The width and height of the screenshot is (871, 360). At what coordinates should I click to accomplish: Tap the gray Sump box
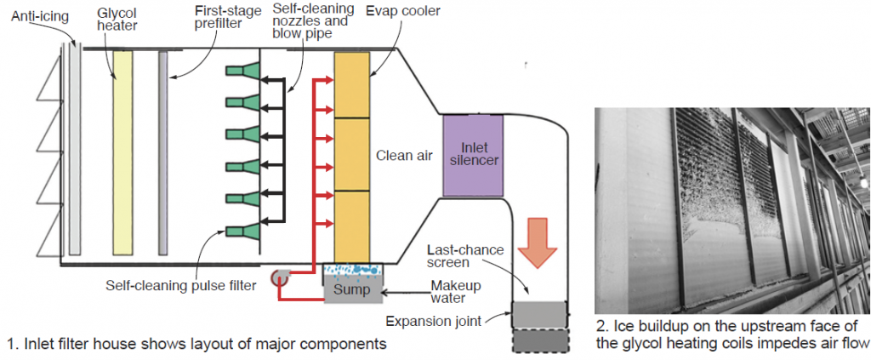pyautogui.click(x=352, y=290)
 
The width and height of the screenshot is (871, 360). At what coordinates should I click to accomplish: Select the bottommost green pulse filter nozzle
pyautogui.click(x=240, y=231)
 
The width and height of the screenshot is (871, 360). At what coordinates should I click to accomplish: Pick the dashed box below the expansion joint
pyautogui.click(x=538, y=340)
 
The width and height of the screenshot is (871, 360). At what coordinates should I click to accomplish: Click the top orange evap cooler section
pyautogui.click(x=352, y=83)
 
